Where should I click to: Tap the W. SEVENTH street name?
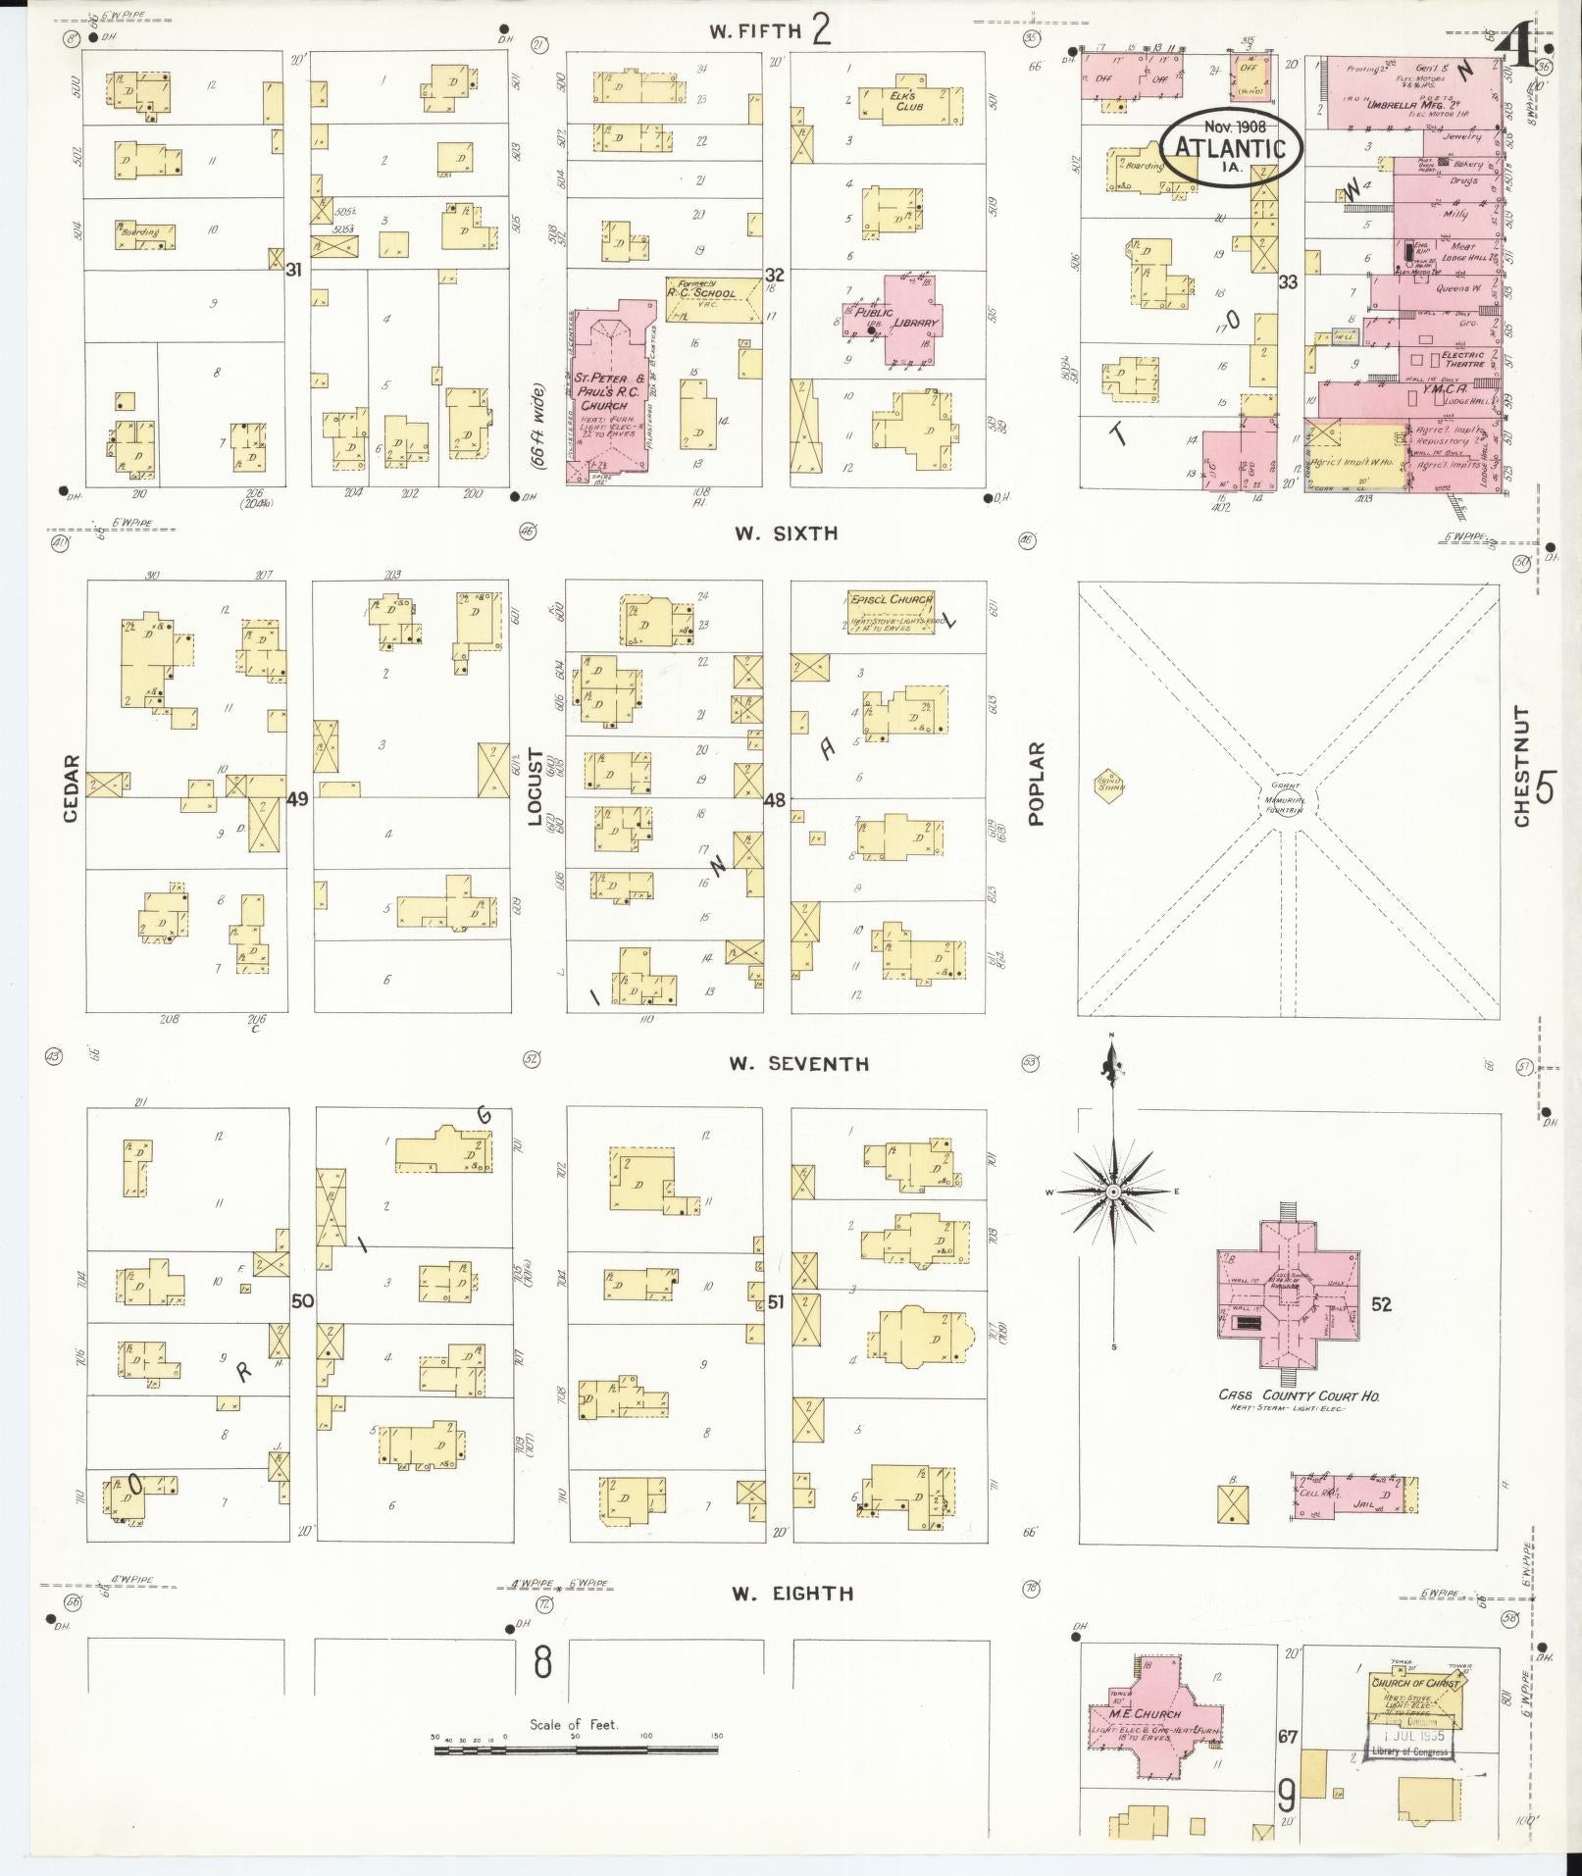[x=798, y=1063]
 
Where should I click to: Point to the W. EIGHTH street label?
[x=792, y=1594]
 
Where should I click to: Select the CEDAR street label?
[x=71, y=787]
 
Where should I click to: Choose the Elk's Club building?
[x=902, y=103]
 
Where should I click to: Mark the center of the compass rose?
[x=1113, y=1192]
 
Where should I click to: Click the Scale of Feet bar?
[x=579, y=1747]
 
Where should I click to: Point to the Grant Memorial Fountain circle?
[x=1287, y=798]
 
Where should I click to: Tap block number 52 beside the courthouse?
[x=1382, y=1304]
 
